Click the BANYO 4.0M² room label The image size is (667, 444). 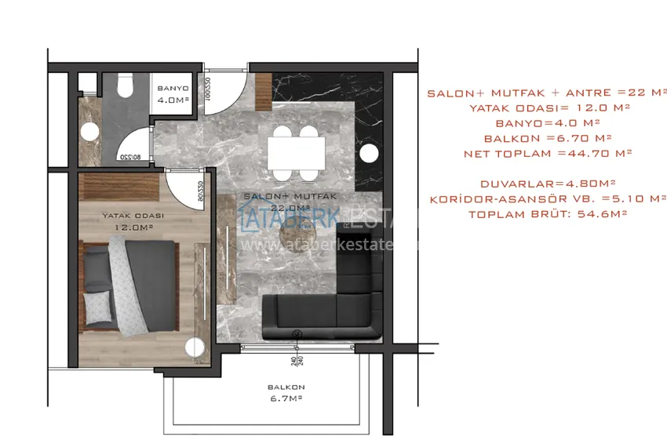(x=172, y=95)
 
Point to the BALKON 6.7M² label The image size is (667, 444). (x=286, y=392)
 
